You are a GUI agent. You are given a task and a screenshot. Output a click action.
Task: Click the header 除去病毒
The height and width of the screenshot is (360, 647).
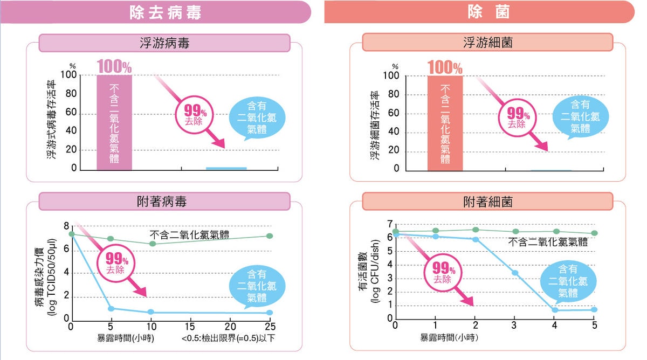(x=166, y=13)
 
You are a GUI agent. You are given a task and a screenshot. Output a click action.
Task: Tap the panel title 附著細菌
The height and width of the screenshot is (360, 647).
(x=488, y=202)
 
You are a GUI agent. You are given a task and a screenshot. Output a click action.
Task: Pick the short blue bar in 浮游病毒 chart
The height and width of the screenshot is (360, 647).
(x=226, y=168)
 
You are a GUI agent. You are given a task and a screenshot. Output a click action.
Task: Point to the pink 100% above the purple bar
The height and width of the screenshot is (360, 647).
(x=114, y=67)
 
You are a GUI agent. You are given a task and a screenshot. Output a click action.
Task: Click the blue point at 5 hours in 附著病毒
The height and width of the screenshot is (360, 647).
(x=111, y=309)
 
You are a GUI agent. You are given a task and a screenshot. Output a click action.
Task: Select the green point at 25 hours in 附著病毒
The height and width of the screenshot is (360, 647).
(x=270, y=236)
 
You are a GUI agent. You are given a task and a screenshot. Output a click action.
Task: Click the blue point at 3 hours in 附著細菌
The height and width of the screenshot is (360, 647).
(x=515, y=273)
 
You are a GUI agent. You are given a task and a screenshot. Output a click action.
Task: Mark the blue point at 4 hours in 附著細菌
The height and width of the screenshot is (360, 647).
(x=555, y=310)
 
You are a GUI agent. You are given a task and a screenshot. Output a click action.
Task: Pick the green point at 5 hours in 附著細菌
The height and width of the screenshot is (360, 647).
(x=594, y=233)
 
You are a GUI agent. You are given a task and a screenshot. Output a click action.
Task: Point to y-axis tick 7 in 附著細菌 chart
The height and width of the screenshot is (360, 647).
(x=389, y=224)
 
